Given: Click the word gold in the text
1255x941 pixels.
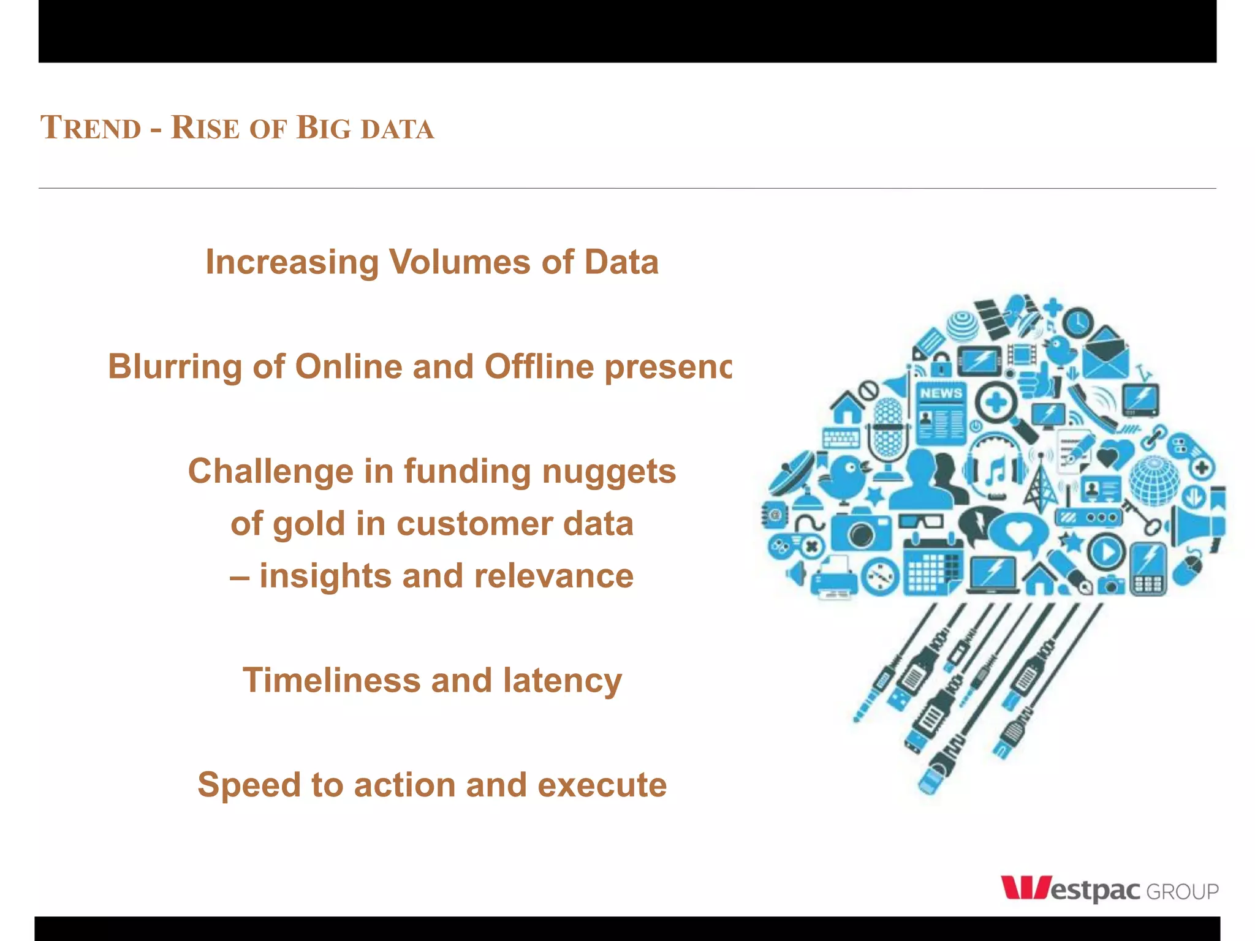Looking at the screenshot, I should (x=309, y=524).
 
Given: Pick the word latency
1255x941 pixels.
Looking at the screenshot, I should (x=562, y=681).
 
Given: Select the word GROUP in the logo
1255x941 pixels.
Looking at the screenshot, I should (x=1182, y=891).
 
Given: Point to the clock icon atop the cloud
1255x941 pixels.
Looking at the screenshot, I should (x=1077, y=322).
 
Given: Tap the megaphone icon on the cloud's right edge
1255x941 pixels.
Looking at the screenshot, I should (x=1198, y=524).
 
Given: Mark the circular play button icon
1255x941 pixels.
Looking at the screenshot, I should (x=1106, y=552).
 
